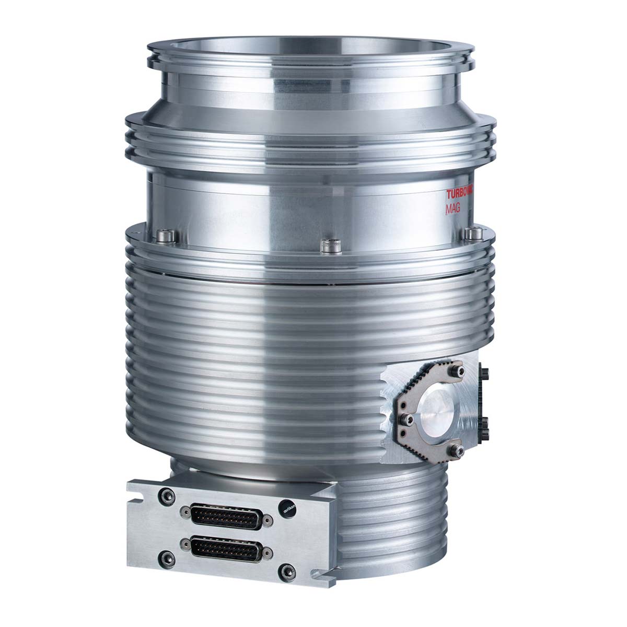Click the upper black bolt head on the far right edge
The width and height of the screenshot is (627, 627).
click(x=485, y=374)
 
